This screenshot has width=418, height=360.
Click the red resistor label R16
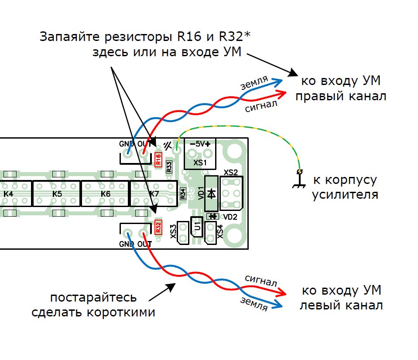click(x=158, y=159)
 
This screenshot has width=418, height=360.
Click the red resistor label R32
click(x=158, y=226)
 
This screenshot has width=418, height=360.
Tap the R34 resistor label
click(x=183, y=193)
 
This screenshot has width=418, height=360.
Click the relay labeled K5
click(x=57, y=194)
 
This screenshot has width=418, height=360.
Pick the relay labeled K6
click(x=105, y=194)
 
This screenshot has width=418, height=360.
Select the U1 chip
click(x=197, y=228)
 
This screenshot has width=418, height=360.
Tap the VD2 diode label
click(x=230, y=217)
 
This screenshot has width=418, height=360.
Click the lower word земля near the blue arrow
click(x=254, y=303)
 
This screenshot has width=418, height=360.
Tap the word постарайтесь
click(x=93, y=299)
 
